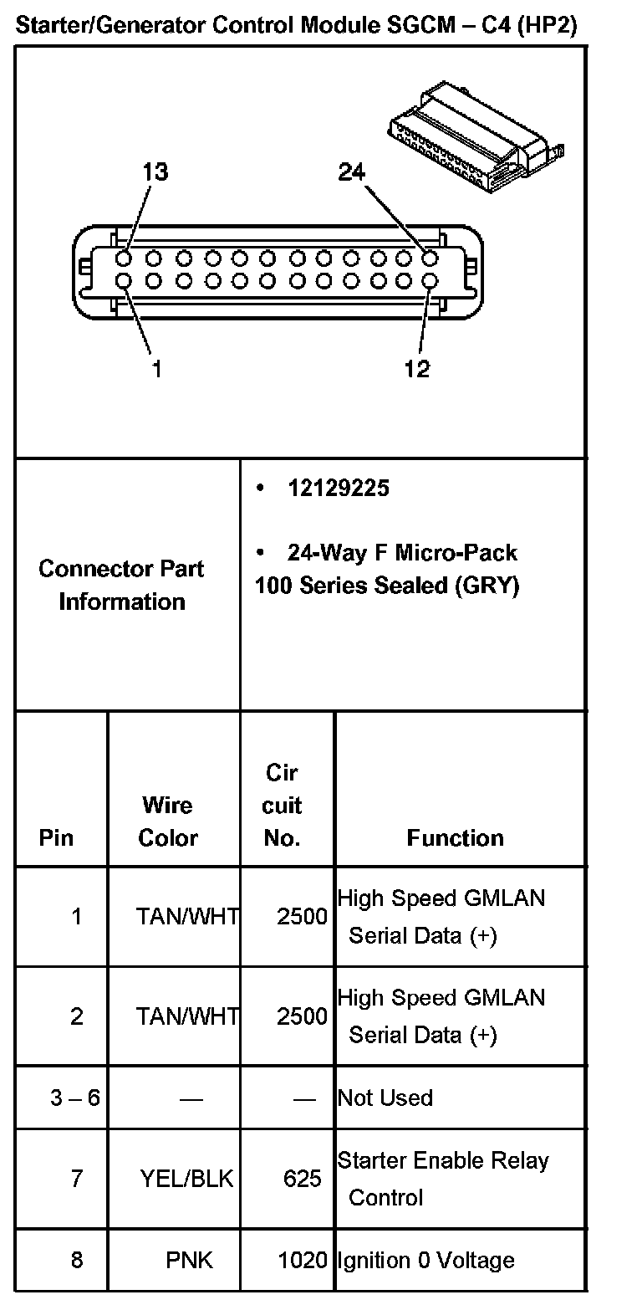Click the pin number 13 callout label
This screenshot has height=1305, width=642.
pyautogui.click(x=155, y=172)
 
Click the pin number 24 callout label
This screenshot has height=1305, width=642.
pyautogui.click(x=352, y=172)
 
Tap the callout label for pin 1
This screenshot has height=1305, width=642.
pyautogui.click(x=156, y=368)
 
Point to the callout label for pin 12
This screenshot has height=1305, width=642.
pyautogui.click(x=416, y=368)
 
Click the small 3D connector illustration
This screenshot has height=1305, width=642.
pyautogui.click(x=472, y=134)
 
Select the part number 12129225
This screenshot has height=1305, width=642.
pyautogui.click(x=338, y=489)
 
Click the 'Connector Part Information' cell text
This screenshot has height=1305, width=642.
pyautogui.click(x=122, y=585)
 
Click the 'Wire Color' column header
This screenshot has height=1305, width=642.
pyautogui.click(x=168, y=821)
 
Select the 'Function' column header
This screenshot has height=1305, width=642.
pyautogui.click(x=456, y=838)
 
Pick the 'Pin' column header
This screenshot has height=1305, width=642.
pyautogui.click(x=56, y=838)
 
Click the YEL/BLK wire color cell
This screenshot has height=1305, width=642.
pyautogui.click(x=187, y=1179)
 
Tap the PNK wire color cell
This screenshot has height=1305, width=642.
pyautogui.click(x=190, y=1260)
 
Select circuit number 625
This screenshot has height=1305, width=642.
pyautogui.click(x=302, y=1179)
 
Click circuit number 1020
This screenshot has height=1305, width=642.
pyautogui.click(x=302, y=1260)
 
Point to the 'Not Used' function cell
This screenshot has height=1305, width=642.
pyautogui.click(x=385, y=1098)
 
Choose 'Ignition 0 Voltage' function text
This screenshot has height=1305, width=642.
pyautogui.click(x=425, y=1260)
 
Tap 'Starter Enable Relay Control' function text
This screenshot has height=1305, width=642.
pyautogui.click(x=443, y=1179)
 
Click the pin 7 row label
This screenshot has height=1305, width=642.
pyautogui.click(x=77, y=1179)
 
